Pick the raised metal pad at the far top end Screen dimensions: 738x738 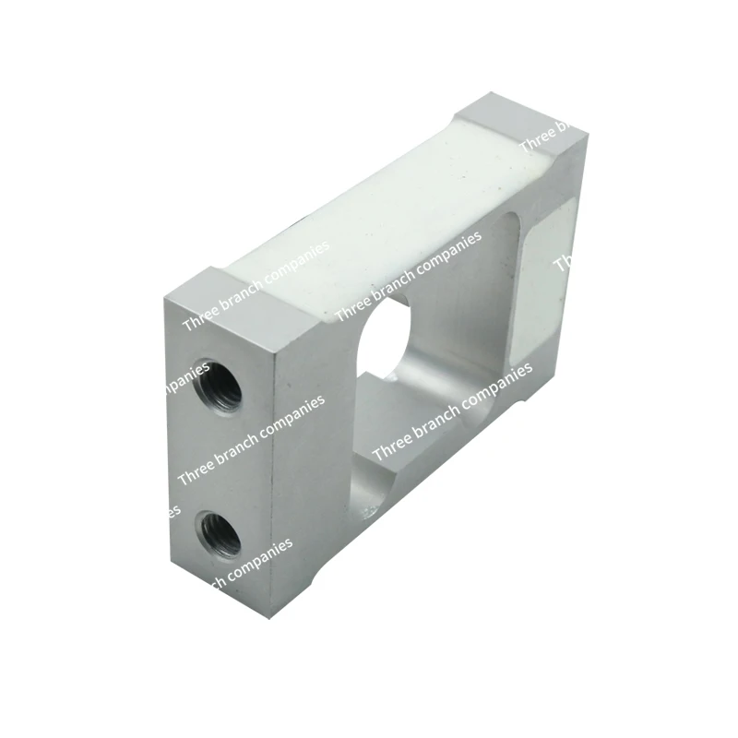(521, 125)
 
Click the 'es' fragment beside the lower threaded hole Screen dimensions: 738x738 (174, 509)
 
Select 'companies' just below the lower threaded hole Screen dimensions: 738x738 (253, 563)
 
